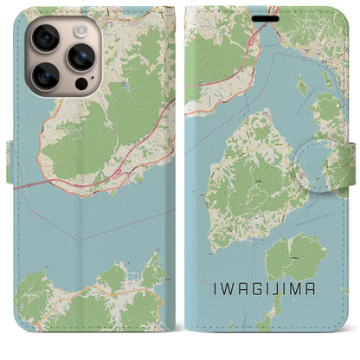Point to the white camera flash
click(80, 30)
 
